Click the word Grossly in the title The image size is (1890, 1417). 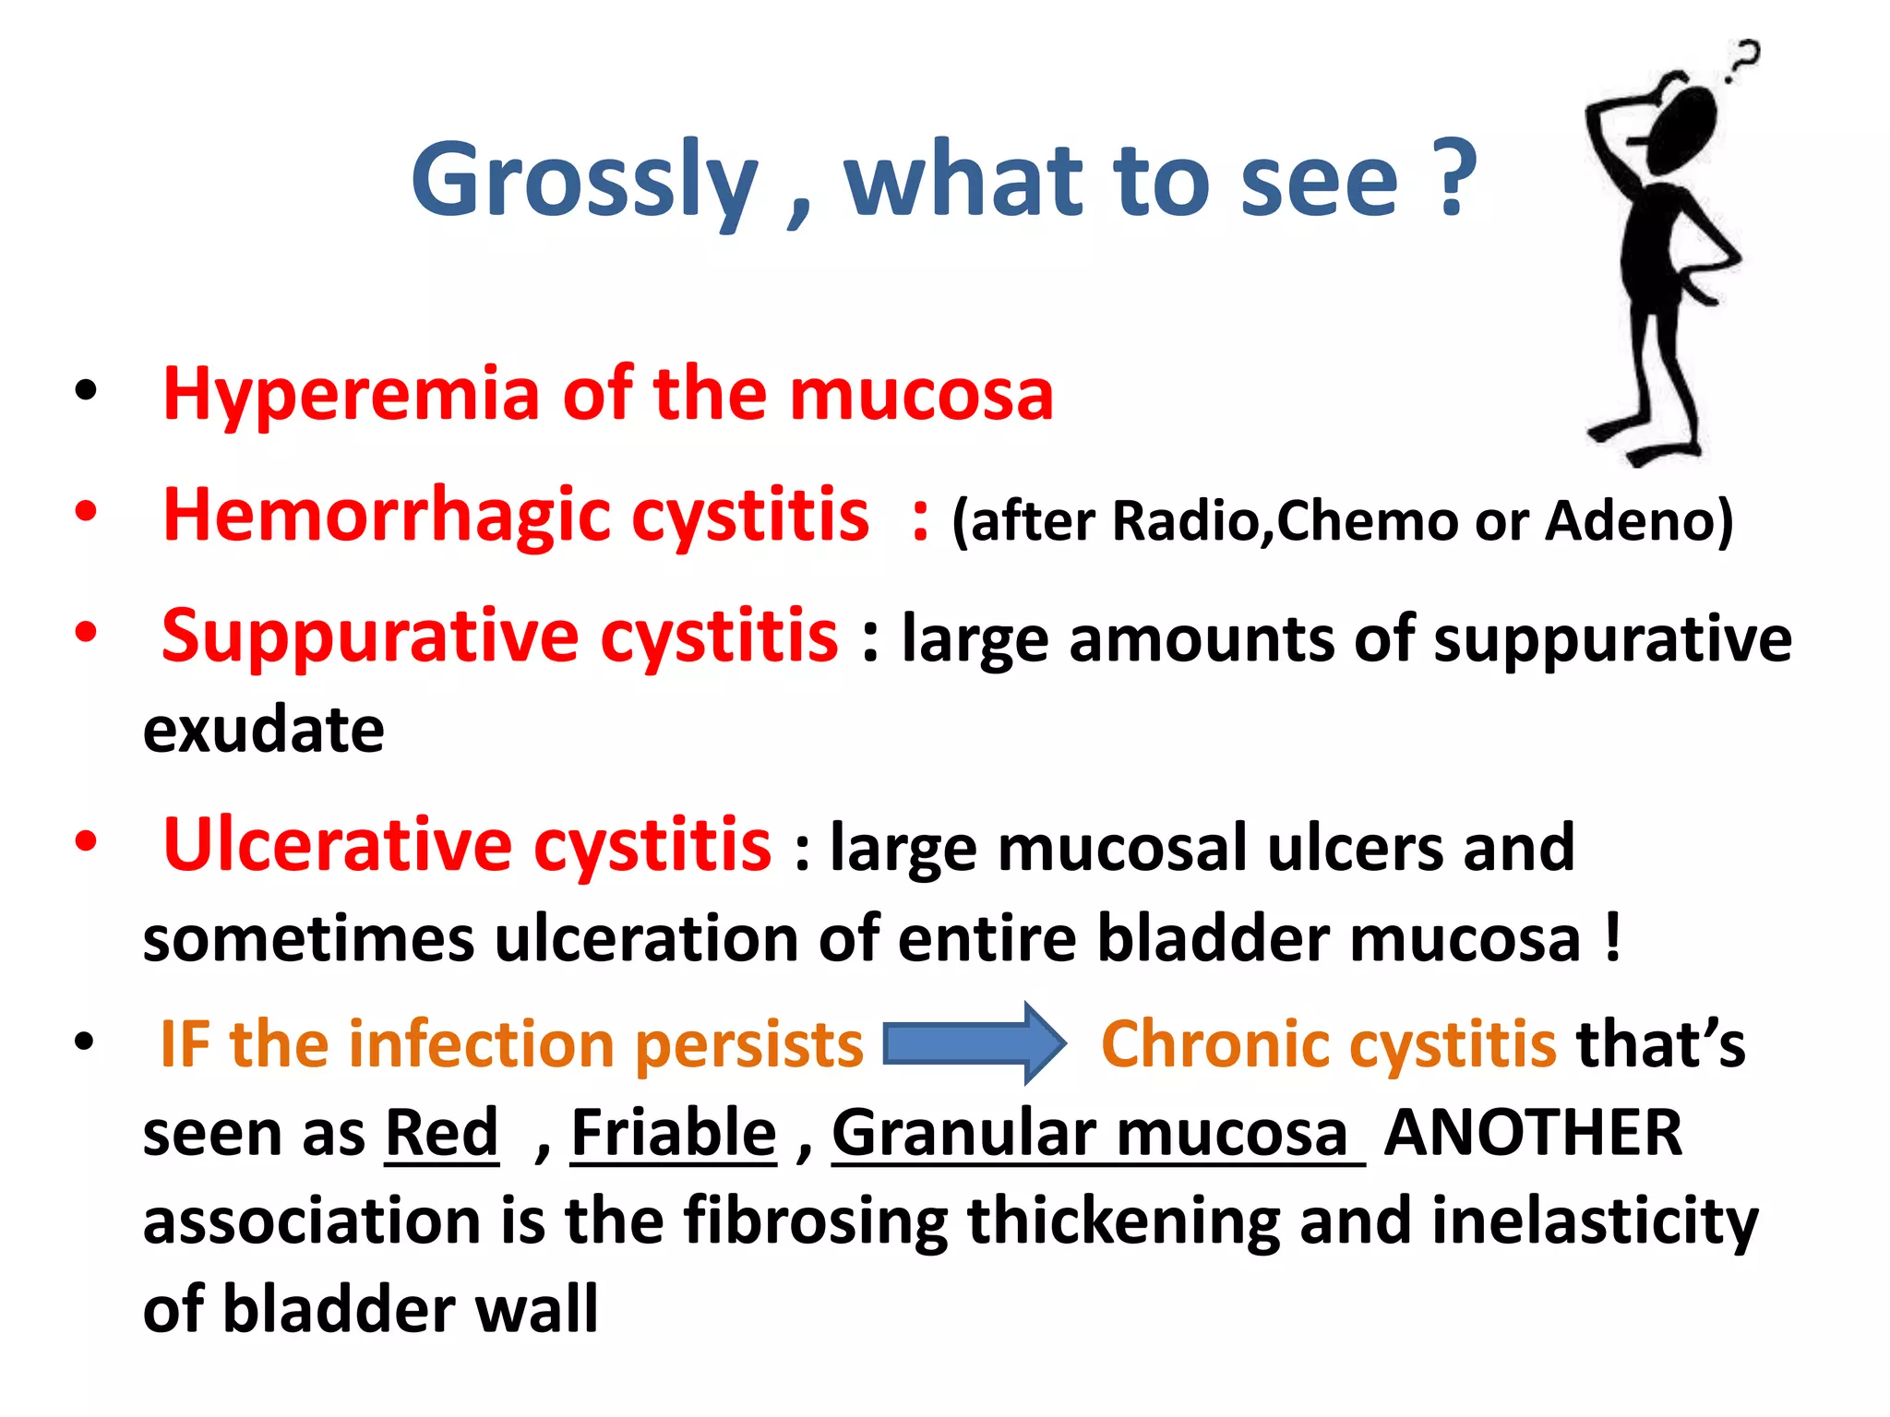pos(583,182)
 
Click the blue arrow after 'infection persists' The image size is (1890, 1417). pos(974,1042)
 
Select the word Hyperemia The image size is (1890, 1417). pos(351,395)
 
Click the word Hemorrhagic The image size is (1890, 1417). pos(386,517)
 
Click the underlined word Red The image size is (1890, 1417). pos(441,1133)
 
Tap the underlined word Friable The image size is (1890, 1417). pos(674,1133)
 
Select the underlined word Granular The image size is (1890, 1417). pos(964,1133)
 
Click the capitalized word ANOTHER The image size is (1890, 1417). pos(1533,1133)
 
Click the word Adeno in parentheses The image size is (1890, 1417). pos(1630,521)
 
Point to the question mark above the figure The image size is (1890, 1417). pos(1742,61)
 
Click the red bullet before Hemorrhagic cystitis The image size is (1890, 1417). pos(86,513)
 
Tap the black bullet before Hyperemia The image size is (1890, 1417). pos(86,391)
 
